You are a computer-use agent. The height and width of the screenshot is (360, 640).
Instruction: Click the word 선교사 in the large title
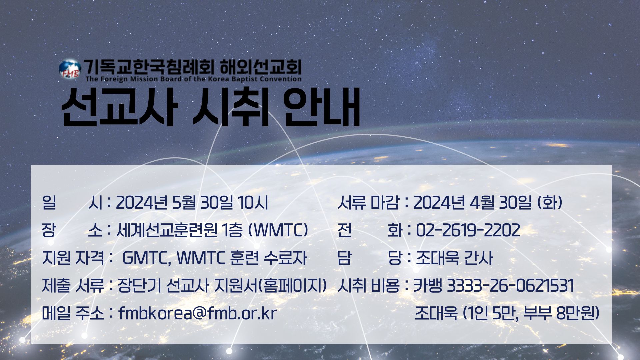pyautogui.click(x=118, y=107)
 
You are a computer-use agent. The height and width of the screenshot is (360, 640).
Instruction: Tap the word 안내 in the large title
pyautogui.click(x=322, y=107)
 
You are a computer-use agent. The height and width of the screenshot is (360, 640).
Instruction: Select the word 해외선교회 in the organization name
pyautogui.click(x=260, y=67)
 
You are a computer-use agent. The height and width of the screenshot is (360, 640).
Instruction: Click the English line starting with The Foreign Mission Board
pyautogui.click(x=193, y=79)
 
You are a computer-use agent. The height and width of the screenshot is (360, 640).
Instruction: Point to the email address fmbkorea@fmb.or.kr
pyautogui.click(x=198, y=313)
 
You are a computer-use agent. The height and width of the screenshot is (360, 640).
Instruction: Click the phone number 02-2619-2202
pyautogui.click(x=468, y=230)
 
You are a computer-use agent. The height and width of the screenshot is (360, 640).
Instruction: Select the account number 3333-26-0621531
pyautogui.click(x=510, y=286)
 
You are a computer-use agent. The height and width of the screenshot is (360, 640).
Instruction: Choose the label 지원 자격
pyautogui.click(x=73, y=258)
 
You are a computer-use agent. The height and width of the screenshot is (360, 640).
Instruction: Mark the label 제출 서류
pyautogui.click(x=73, y=286)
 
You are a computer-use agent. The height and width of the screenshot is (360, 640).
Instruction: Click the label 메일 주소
pyautogui.click(x=73, y=313)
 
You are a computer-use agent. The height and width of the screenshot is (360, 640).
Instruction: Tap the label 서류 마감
pyautogui.click(x=368, y=202)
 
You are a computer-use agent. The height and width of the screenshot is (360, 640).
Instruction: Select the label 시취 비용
pyautogui.click(x=368, y=286)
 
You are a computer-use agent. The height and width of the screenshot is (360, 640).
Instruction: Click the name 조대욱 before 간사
pyautogui.click(x=437, y=258)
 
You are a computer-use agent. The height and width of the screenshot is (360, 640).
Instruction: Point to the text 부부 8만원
pyautogui.click(x=561, y=313)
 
